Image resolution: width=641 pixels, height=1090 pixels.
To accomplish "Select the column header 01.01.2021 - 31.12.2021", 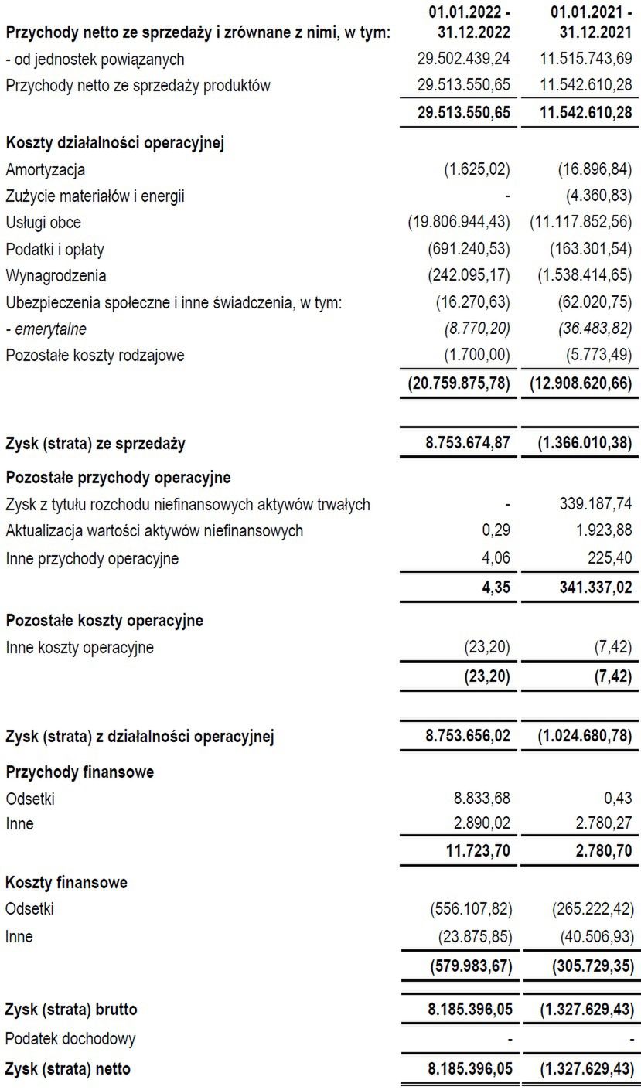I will [x=590, y=23].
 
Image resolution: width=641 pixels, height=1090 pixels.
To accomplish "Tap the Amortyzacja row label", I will [x=45, y=170].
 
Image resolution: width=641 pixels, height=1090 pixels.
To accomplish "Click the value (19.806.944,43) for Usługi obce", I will [x=459, y=223].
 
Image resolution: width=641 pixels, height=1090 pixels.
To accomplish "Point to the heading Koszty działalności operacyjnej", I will [x=114, y=144].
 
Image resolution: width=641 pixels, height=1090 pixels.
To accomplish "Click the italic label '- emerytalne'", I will [x=46, y=329].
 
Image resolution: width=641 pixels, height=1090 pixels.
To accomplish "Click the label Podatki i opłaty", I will [x=54, y=250].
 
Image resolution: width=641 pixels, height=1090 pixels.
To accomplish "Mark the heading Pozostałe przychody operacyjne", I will [x=118, y=478].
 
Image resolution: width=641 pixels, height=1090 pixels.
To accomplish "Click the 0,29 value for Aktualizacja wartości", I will [x=500, y=531].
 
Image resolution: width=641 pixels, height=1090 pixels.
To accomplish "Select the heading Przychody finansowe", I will [x=80, y=772].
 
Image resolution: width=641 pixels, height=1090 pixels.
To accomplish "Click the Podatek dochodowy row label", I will [x=70, y=1038].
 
